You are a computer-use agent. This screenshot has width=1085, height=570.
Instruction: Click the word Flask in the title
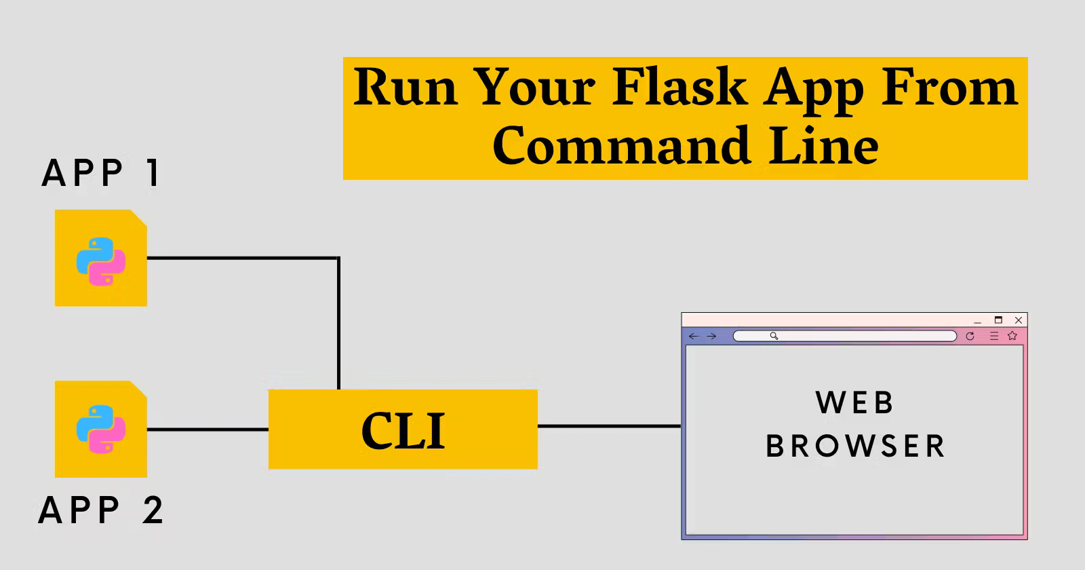679,88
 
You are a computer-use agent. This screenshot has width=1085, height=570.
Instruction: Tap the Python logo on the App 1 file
101,261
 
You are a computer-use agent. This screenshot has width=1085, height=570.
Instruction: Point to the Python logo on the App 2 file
101,430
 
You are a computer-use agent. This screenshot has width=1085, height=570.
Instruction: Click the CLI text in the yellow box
403,431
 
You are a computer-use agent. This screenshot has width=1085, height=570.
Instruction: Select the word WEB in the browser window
854,403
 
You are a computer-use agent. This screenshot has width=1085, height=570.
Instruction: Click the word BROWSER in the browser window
855,446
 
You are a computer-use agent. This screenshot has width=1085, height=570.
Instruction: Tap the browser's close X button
1018,320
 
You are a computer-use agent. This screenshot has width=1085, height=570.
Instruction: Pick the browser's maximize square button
998,320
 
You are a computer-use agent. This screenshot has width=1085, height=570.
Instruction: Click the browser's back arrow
693,336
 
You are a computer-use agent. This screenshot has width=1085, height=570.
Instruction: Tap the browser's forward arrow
711,336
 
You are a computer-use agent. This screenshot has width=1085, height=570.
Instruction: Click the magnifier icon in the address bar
774,336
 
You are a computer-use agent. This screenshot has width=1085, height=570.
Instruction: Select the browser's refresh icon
970,336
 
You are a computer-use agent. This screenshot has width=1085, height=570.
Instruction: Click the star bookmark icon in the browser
1012,336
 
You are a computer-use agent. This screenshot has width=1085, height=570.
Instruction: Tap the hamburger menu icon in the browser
994,336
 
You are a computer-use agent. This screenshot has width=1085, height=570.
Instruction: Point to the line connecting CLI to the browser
609,426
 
